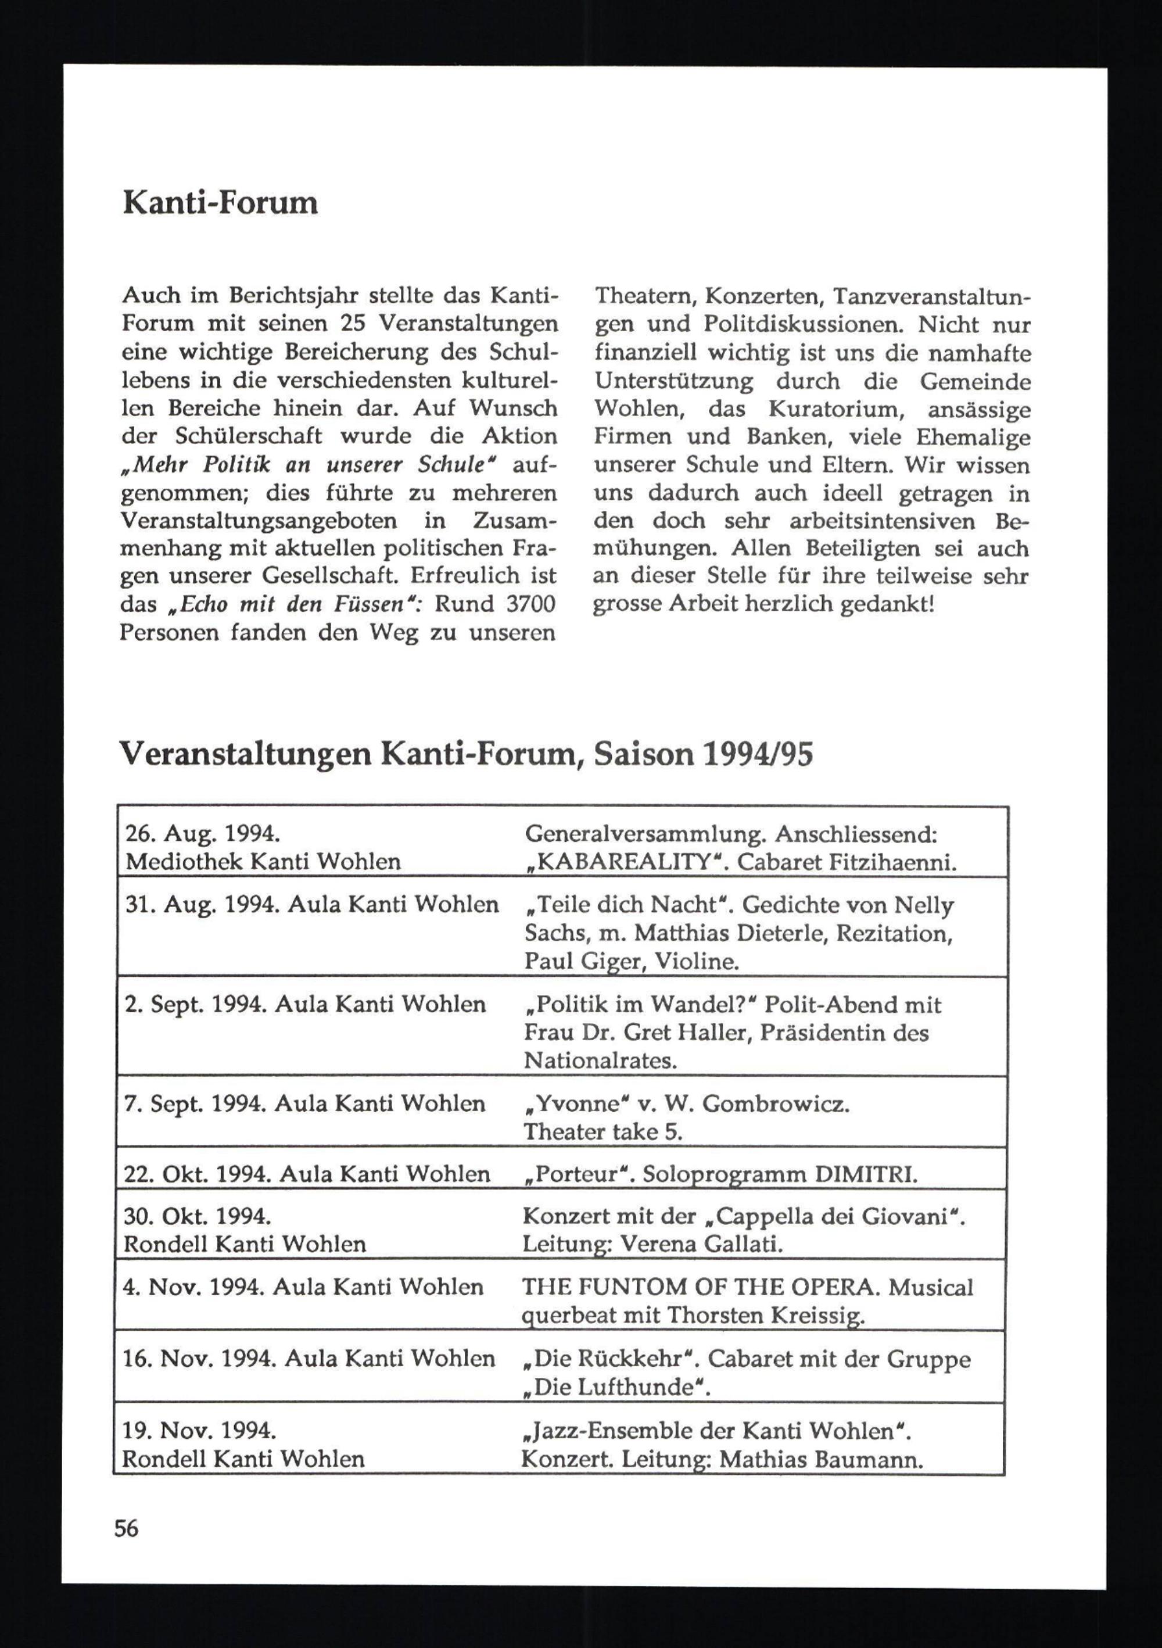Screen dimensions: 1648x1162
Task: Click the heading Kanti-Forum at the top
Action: tap(220, 203)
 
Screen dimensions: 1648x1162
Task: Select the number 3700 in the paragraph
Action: tap(530, 604)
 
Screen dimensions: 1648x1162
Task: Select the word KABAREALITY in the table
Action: tap(628, 862)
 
